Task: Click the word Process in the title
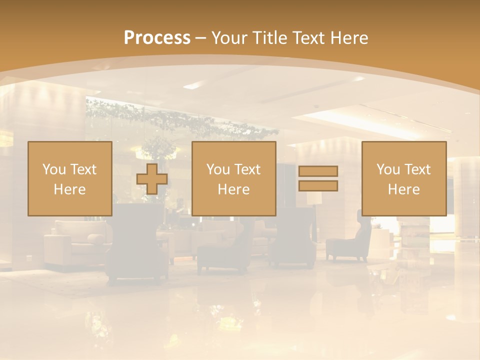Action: (157, 38)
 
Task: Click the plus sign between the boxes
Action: (151, 178)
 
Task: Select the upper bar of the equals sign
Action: (318, 171)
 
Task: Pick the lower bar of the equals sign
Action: (318, 185)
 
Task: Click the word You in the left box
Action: (54, 169)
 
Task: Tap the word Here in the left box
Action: (69, 189)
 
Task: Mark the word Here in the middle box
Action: (233, 189)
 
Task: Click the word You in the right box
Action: (388, 169)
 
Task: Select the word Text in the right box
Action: (417, 169)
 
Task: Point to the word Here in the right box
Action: (403, 189)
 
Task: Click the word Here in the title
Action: (349, 38)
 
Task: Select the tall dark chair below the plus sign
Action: (137, 245)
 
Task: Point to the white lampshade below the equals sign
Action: (314, 198)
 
